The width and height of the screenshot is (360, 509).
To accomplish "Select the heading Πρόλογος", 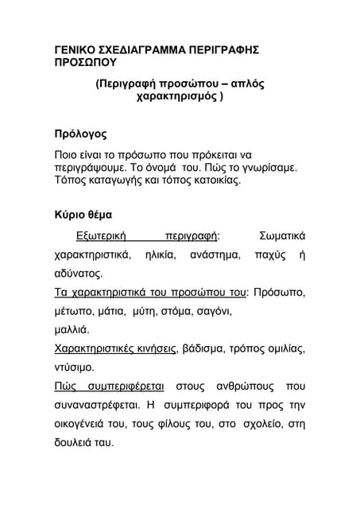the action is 79,134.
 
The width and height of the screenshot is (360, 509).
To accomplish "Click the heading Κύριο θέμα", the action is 83,215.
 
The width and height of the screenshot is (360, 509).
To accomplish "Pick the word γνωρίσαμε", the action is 262,168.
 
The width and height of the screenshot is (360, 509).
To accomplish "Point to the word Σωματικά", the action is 282,236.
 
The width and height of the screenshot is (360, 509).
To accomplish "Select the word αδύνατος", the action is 78,274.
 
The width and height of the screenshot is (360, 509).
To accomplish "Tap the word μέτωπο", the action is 73,312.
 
